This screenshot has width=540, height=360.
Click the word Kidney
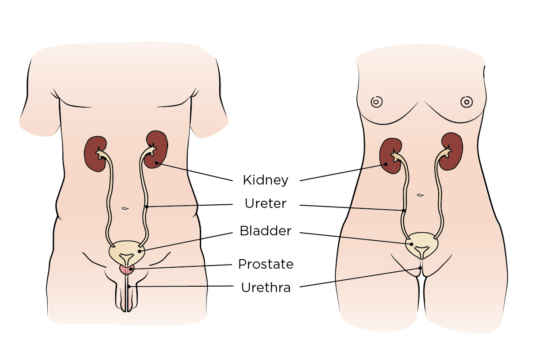pos(265,180)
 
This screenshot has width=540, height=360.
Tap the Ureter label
pos(265,204)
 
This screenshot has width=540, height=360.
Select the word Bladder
pos(265,231)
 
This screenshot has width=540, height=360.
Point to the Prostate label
pos(265,264)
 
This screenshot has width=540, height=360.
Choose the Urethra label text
pos(265,287)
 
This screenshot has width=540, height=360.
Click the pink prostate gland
pos(126,269)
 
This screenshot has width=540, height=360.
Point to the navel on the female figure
pos(420,195)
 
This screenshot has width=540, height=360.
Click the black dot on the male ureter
pos(146,207)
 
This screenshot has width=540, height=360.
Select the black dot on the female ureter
pos(404,210)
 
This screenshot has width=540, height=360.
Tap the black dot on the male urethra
pos(128,286)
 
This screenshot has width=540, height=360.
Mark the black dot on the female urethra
pos(420,268)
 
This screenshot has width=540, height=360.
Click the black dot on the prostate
pos(130,269)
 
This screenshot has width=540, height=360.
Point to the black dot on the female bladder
pos(411,244)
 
